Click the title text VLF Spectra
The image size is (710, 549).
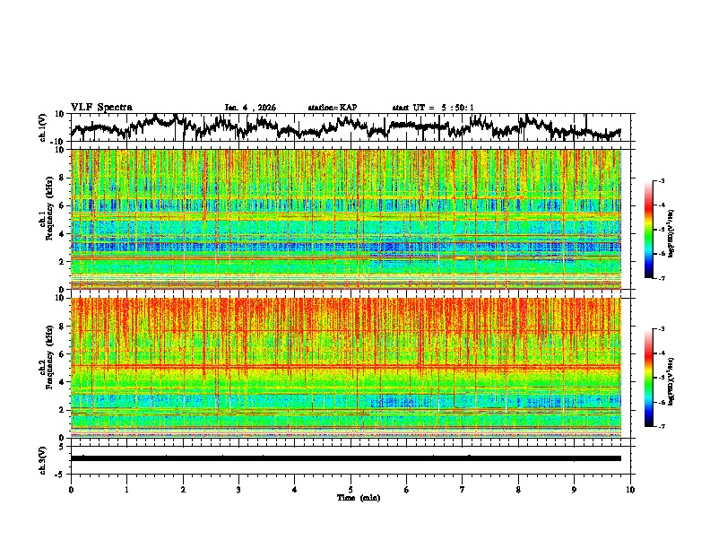101,108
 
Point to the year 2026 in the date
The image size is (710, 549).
265,108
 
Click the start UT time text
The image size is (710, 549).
433,108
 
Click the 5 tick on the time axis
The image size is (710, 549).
351,489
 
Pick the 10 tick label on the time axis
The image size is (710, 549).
630,489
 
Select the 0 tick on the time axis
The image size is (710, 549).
71,489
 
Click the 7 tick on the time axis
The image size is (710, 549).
463,489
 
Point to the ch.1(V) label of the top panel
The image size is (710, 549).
43,128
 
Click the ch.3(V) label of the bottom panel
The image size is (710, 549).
43,457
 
